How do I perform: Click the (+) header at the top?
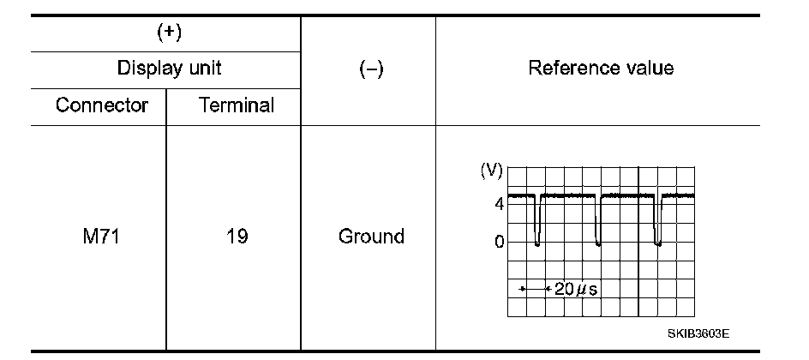[x=170, y=33]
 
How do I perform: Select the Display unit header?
[x=170, y=69]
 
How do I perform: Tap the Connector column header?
[x=102, y=105]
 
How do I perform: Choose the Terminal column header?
[x=237, y=105]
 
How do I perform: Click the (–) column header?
[x=370, y=69]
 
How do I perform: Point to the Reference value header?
[x=601, y=68]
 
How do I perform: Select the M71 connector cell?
[x=96, y=236]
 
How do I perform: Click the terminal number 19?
[x=237, y=236]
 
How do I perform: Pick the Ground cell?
[x=371, y=236]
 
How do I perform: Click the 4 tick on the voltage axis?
[x=498, y=204]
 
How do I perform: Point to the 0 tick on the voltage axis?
[x=498, y=242]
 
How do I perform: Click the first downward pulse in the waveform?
[x=537, y=223]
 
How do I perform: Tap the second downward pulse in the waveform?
[x=598, y=223]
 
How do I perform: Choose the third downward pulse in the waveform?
[x=657, y=223]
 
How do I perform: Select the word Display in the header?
[x=146, y=69]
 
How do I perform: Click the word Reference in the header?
[x=573, y=68]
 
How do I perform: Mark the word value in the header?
[x=650, y=68]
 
